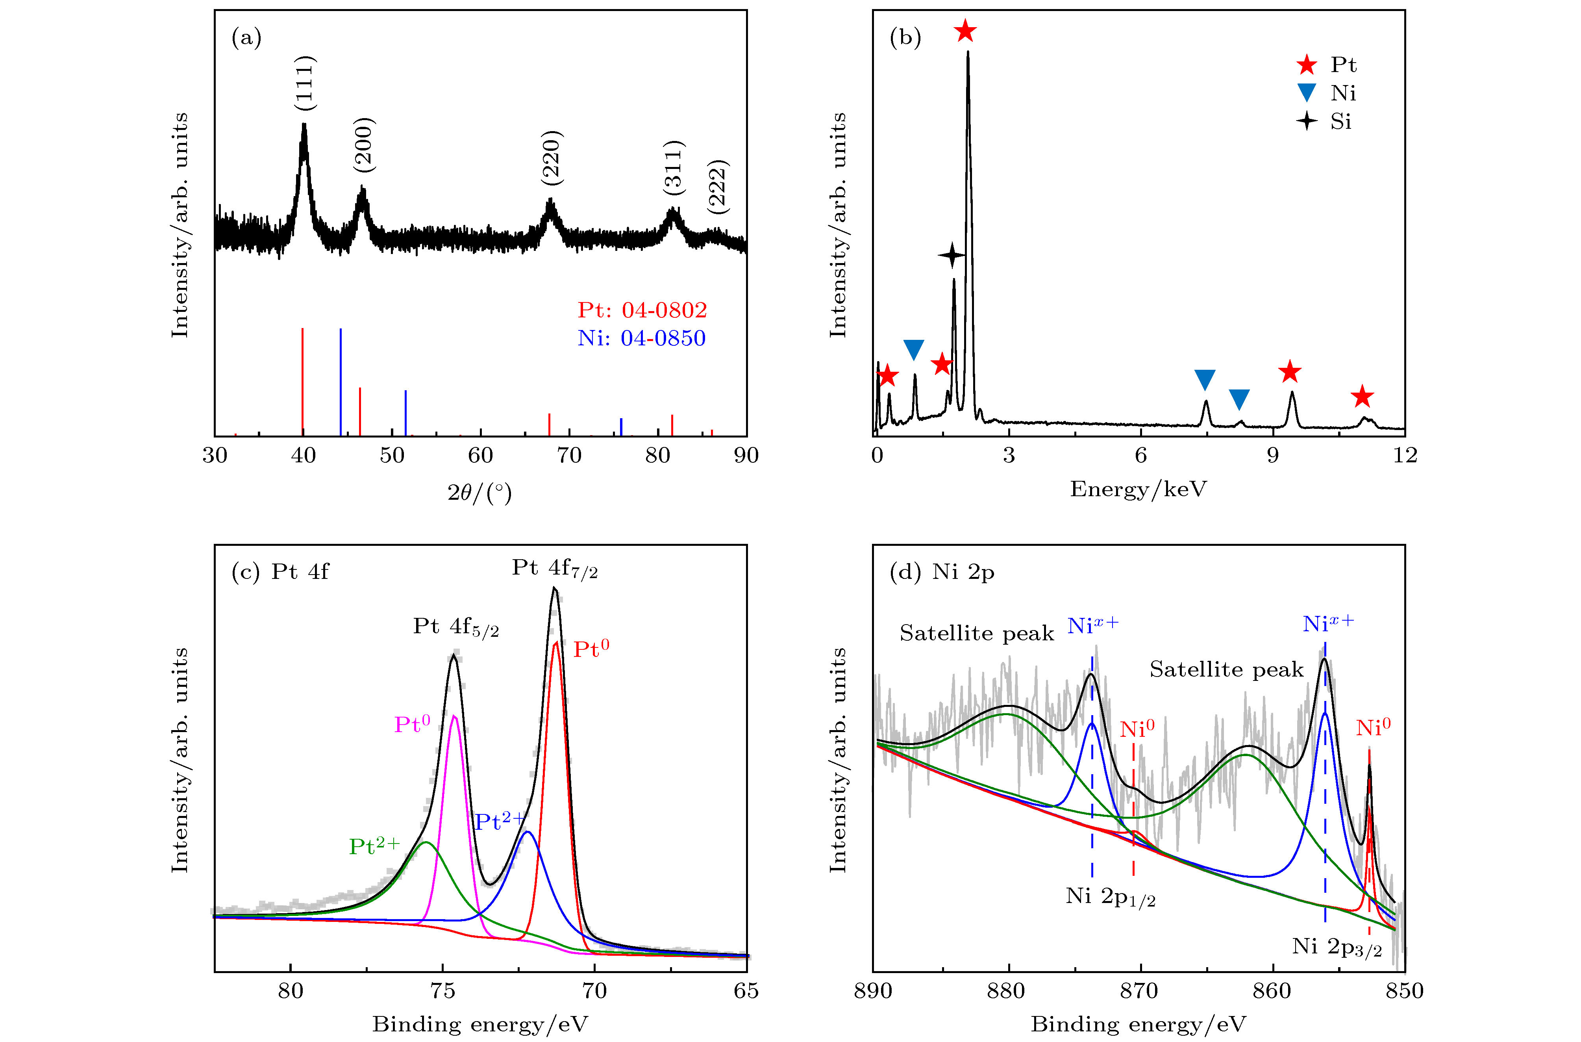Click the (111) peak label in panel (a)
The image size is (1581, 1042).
[305, 83]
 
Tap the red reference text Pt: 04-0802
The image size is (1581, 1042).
[642, 310]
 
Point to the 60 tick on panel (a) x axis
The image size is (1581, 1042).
[480, 455]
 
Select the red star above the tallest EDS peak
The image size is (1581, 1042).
[965, 31]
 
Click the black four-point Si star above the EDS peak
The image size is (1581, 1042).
[952, 254]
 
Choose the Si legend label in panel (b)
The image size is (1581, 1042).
[1340, 122]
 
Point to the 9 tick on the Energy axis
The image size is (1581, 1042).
[1272, 455]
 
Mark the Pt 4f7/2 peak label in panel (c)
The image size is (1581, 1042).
[555, 569]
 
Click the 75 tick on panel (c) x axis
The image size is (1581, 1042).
[442, 991]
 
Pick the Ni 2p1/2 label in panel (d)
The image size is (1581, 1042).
[1111, 896]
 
